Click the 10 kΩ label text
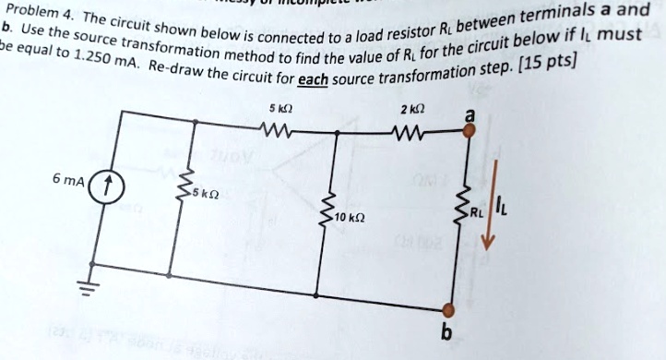[x=351, y=218]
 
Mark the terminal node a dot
[x=470, y=131]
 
